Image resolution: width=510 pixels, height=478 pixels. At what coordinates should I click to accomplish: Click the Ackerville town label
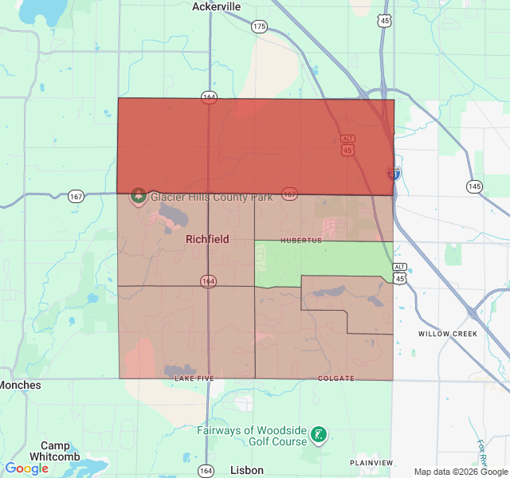pyautogui.click(x=217, y=6)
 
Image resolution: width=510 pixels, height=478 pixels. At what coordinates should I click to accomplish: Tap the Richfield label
pyautogui.click(x=207, y=239)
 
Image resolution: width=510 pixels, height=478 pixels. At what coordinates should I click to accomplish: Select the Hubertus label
pyautogui.click(x=300, y=241)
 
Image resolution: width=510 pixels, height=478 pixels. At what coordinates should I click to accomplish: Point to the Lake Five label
pyautogui.click(x=194, y=378)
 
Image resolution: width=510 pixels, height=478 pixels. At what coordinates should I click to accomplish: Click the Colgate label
pyautogui.click(x=335, y=378)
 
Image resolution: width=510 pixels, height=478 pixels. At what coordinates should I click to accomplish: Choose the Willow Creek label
pyautogui.click(x=448, y=334)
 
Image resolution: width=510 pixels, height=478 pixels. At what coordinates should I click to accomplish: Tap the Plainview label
pyautogui.click(x=371, y=463)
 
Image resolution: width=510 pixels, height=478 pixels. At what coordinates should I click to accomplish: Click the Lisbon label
pyautogui.click(x=246, y=470)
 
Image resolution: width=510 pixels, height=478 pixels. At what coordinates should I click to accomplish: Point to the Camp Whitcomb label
pyautogui.click(x=55, y=451)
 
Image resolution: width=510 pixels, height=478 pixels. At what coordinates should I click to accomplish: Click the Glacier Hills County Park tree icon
pyautogui.click(x=138, y=195)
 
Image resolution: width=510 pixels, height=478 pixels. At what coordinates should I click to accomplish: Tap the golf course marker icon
pyautogui.click(x=319, y=435)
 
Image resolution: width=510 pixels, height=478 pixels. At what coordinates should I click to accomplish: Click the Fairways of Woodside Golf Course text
pyautogui.click(x=252, y=436)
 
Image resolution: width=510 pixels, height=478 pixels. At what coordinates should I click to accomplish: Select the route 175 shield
pyautogui.click(x=259, y=26)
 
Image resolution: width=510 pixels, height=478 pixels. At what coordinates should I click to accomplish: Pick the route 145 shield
pyautogui.click(x=474, y=186)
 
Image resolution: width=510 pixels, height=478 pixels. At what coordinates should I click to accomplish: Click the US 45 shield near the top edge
pyautogui.click(x=386, y=21)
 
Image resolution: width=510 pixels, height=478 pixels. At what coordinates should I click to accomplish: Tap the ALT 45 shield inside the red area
pyautogui.click(x=347, y=145)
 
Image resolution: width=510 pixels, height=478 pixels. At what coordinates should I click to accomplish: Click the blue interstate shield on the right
pyautogui.click(x=393, y=173)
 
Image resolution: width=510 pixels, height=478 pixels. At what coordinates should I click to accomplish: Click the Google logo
pyautogui.click(x=26, y=468)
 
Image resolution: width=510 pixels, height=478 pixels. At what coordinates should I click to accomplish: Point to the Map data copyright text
pyautogui.click(x=461, y=472)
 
